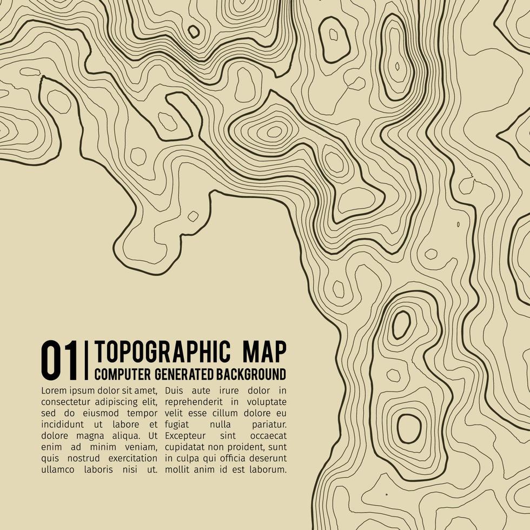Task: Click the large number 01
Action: coord(59,360)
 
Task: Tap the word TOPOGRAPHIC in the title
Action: coord(161,352)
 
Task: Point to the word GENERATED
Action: coord(183,374)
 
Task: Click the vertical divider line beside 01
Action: coord(86,360)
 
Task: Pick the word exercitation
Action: coord(129,458)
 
